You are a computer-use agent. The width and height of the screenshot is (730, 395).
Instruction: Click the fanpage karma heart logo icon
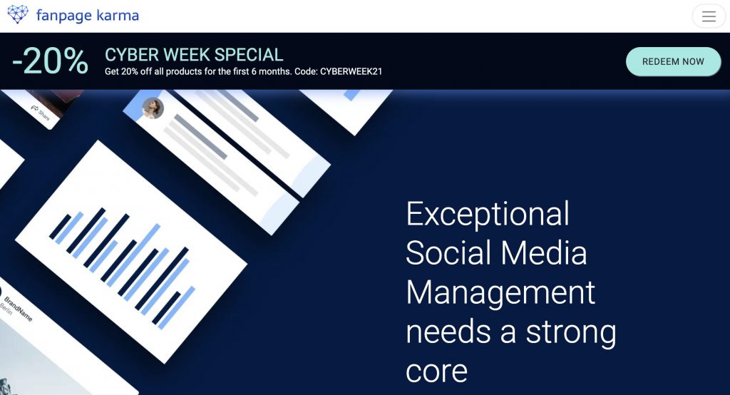18,14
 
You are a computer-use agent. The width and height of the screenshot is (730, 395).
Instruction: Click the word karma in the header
118,16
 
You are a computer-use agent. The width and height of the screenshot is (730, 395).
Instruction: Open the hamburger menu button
709,16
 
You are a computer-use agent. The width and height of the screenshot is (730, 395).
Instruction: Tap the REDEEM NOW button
673,61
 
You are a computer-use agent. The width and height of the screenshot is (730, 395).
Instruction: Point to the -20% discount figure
51,61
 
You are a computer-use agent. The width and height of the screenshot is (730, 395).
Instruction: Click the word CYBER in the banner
132,55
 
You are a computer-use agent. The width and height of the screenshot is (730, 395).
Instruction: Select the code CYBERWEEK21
351,72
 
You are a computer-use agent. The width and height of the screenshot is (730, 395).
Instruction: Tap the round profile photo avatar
153,108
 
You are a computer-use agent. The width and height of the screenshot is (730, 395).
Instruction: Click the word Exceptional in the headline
488,214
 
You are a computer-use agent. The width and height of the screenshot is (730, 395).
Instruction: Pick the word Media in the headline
544,253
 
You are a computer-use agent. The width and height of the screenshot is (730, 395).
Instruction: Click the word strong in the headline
571,332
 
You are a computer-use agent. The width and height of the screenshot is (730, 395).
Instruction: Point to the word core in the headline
436,371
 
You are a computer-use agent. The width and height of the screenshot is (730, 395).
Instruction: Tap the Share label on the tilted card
43,114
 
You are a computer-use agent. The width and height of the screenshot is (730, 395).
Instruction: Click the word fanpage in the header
63,16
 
